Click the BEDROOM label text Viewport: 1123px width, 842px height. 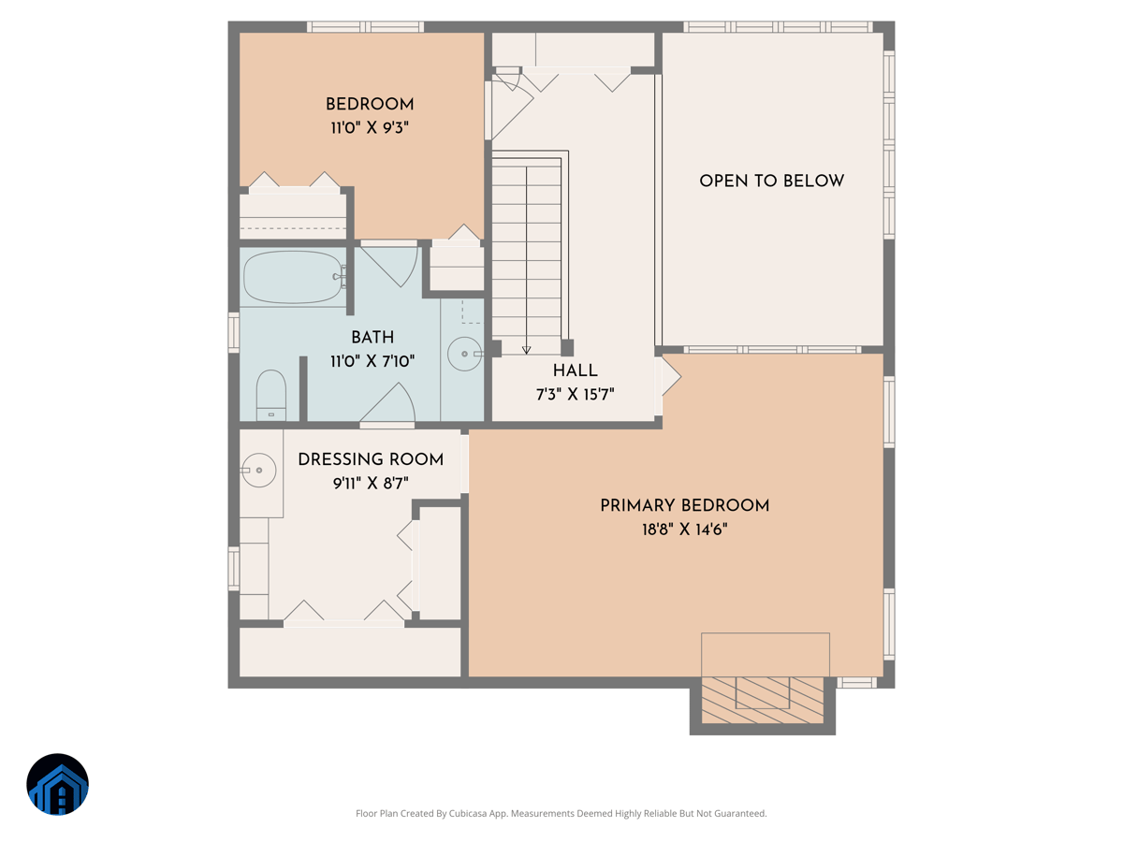click(370, 104)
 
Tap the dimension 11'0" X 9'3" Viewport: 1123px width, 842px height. click(370, 128)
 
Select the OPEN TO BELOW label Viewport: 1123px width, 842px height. click(771, 181)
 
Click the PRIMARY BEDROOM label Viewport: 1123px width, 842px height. click(684, 506)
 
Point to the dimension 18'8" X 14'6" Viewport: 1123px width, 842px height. click(684, 530)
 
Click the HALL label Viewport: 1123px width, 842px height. click(575, 371)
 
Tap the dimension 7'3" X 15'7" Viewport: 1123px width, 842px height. click(575, 395)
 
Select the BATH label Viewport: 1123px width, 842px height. click(372, 338)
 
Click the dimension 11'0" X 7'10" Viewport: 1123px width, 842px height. click(372, 361)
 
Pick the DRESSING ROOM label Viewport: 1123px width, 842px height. click(371, 459)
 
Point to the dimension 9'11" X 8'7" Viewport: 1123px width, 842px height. click(371, 484)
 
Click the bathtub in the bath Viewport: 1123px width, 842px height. click(294, 277)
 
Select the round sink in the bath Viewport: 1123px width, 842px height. click(464, 355)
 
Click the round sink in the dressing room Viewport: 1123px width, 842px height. click(258, 470)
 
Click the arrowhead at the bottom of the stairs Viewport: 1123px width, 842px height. click(527, 350)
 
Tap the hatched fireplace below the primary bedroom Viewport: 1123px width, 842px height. click(763, 699)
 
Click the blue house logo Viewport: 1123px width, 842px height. click(58, 784)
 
